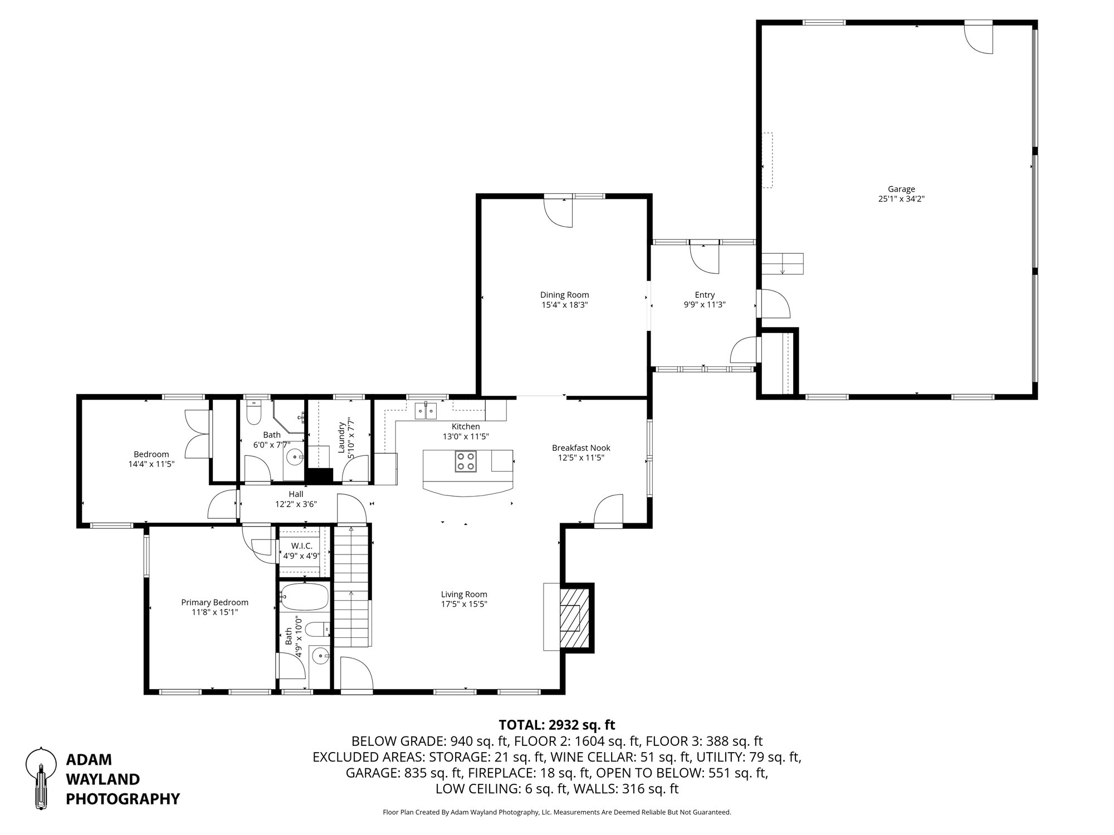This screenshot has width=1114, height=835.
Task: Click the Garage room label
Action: tap(901, 189)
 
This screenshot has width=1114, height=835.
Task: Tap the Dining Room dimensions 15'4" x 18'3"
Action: tap(564, 305)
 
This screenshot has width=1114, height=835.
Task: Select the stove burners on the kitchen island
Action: tap(466, 461)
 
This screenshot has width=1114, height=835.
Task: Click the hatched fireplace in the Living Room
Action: tap(574, 617)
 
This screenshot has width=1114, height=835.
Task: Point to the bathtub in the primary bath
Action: tap(304, 597)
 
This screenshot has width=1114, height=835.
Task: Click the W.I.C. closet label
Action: tap(302, 546)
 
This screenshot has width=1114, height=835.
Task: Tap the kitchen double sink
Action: tap(426, 411)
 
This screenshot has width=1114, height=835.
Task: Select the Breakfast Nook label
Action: tap(581, 448)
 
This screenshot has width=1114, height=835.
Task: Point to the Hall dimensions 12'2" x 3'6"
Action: tap(296, 504)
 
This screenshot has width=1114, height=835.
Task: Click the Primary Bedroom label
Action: tap(214, 602)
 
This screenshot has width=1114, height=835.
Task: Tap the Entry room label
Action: tap(705, 295)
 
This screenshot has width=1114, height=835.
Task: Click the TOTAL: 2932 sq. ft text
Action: tap(556, 725)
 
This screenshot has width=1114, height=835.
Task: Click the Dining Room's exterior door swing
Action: tap(558, 213)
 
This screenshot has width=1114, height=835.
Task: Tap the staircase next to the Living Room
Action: tap(351, 587)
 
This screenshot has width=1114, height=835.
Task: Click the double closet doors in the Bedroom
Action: tap(198, 434)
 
